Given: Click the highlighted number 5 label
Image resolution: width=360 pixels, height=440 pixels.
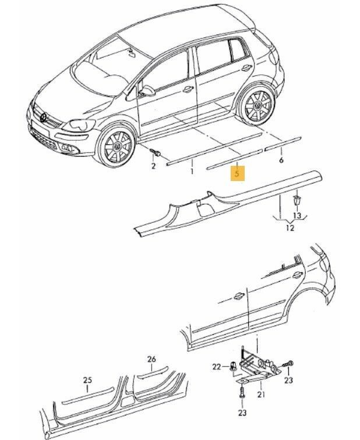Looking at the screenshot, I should pos(236,173).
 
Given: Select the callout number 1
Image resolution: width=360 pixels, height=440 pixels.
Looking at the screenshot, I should pos(192,172).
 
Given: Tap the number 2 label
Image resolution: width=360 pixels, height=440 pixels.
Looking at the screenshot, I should pos(153,166).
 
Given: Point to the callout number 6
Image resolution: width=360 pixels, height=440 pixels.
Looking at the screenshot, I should pos(281,159).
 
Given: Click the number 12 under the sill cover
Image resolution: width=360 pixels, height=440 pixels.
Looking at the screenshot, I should pos(290,228).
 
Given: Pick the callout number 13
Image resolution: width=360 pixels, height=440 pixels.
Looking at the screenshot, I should pos(298,215).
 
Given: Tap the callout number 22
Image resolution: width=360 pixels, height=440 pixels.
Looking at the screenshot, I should pos(217,366).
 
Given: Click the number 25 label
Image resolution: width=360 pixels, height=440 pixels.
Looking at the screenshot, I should pos(87,380).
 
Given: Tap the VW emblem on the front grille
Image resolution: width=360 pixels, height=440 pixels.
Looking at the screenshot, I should pos(43,118).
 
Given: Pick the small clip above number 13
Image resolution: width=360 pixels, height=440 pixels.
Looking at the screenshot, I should pos(297,200).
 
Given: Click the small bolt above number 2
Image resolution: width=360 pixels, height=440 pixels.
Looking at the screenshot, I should pos(156,152).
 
